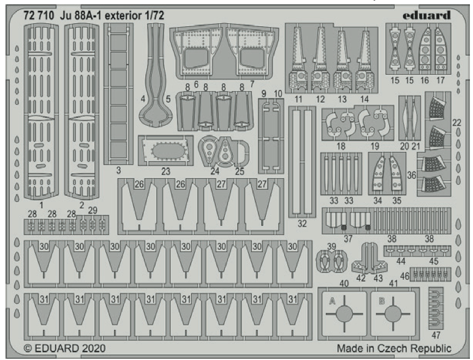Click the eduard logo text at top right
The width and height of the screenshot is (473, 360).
click(x=426, y=15)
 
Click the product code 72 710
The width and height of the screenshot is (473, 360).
click(x=39, y=16)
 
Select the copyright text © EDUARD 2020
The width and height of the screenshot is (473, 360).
click(x=64, y=348)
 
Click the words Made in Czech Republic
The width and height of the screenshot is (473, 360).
click(x=394, y=348)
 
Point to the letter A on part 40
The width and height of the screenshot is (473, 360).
click(x=332, y=301)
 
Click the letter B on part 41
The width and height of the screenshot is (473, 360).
click(x=382, y=301)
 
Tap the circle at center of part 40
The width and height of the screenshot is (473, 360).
click(x=344, y=315)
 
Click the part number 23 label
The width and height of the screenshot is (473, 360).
click(x=165, y=171)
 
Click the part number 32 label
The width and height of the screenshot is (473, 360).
click(x=302, y=223)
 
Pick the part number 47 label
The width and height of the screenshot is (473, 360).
click(x=436, y=335)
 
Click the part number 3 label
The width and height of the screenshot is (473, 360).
click(x=118, y=170)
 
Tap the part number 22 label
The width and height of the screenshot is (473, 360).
click(x=456, y=122)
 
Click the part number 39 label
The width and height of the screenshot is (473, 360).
click(x=331, y=246)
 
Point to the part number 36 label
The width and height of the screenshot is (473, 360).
click(x=412, y=175)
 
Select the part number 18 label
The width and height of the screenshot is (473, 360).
click(x=341, y=146)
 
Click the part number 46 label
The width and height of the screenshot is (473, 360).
click(x=404, y=276)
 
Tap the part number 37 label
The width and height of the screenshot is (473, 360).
click(x=348, y=239)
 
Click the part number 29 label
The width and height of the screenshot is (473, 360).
click(x=93, y=211)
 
